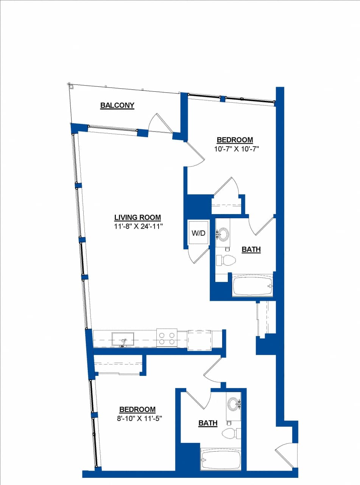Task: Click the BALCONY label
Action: pos(117,105)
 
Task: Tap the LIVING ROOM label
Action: pos(137,217)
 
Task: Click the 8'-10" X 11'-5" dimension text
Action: pos(137,418)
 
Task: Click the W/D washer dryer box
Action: pos(198,233)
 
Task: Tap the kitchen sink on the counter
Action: pos(123,339)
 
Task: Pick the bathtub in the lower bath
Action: pos(221,460)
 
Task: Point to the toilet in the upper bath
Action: pos(226,260)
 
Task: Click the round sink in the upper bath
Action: pos(223,234)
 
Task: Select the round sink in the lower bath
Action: pos(232,404)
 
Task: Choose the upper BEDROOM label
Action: pos(235,140)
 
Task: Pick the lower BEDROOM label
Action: pos(137,409)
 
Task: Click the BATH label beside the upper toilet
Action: pos(251,249)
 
